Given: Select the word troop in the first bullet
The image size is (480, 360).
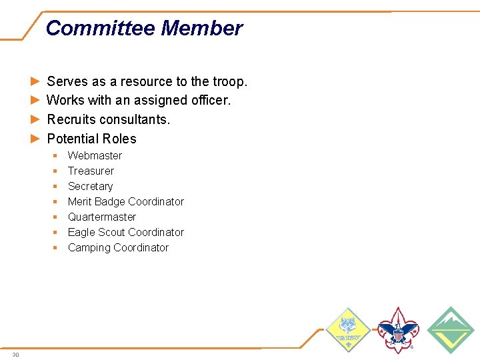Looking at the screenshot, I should click(x=229, y=81).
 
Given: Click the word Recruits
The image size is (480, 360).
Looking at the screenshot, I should click(x=71, y=119).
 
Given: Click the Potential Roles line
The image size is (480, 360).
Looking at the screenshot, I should click(x=91, y=139).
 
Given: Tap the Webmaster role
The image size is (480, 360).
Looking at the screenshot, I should click(x=95, y=155).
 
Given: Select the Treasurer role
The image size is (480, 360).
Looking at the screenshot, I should click(x=91, y=171).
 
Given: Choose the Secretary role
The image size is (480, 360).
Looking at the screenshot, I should click(x=90, y=186).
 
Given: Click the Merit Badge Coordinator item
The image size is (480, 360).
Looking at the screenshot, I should click(x=125, y=201).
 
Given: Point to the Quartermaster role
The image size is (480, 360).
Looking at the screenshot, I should click(x=101, y=217).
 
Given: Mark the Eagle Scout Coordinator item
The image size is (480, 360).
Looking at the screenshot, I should click(x=125, y=232).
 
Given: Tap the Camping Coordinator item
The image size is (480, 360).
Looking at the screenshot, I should click(x=118, y=247).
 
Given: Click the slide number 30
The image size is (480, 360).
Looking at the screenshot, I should click(x=15, y=355).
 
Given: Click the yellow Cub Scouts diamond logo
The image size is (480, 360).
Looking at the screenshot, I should click(x=347, y=330).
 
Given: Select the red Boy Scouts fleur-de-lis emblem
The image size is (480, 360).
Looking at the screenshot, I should click(x=398, y=330).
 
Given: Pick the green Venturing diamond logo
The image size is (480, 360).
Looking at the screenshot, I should click(x=450, y=330).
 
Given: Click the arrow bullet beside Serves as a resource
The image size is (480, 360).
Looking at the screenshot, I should click(x=35, y=81).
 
